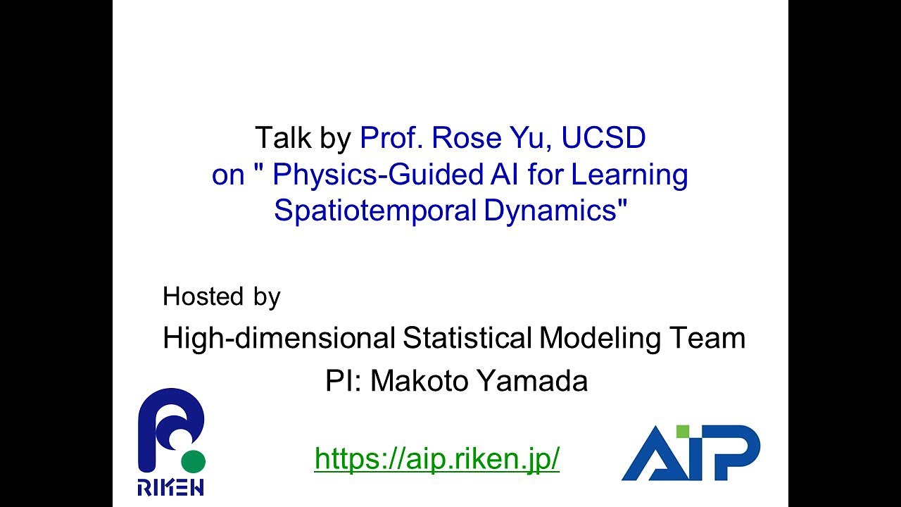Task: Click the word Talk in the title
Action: (x=282, y=138)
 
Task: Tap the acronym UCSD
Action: (x=603, y=138)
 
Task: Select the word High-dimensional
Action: (x=279, y=339)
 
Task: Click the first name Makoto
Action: (x=420, y=381)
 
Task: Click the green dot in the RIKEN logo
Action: (x=193, y=462)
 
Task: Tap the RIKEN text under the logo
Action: (x=171, y=487)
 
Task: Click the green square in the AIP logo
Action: (x=682, y=430)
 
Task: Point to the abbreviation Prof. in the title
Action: (x=391, y=138)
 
